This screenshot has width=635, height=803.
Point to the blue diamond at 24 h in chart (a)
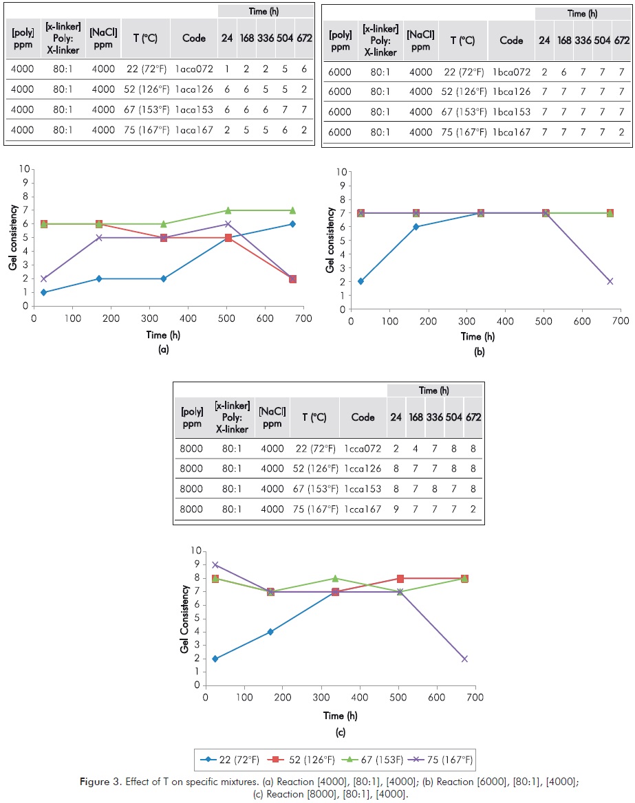click(x=43, y=292)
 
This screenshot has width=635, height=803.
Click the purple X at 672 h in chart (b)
click(x=610, y=281)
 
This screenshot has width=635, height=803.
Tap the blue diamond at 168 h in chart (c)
click(x=270, y=632)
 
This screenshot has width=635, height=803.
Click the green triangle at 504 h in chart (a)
click(x=228, y=210)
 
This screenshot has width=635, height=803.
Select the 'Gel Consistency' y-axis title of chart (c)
click(x=184, y=619)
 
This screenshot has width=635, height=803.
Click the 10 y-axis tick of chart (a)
click(x=26, y=168)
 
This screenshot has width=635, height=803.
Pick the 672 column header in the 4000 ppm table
click(x=304, y=38)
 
